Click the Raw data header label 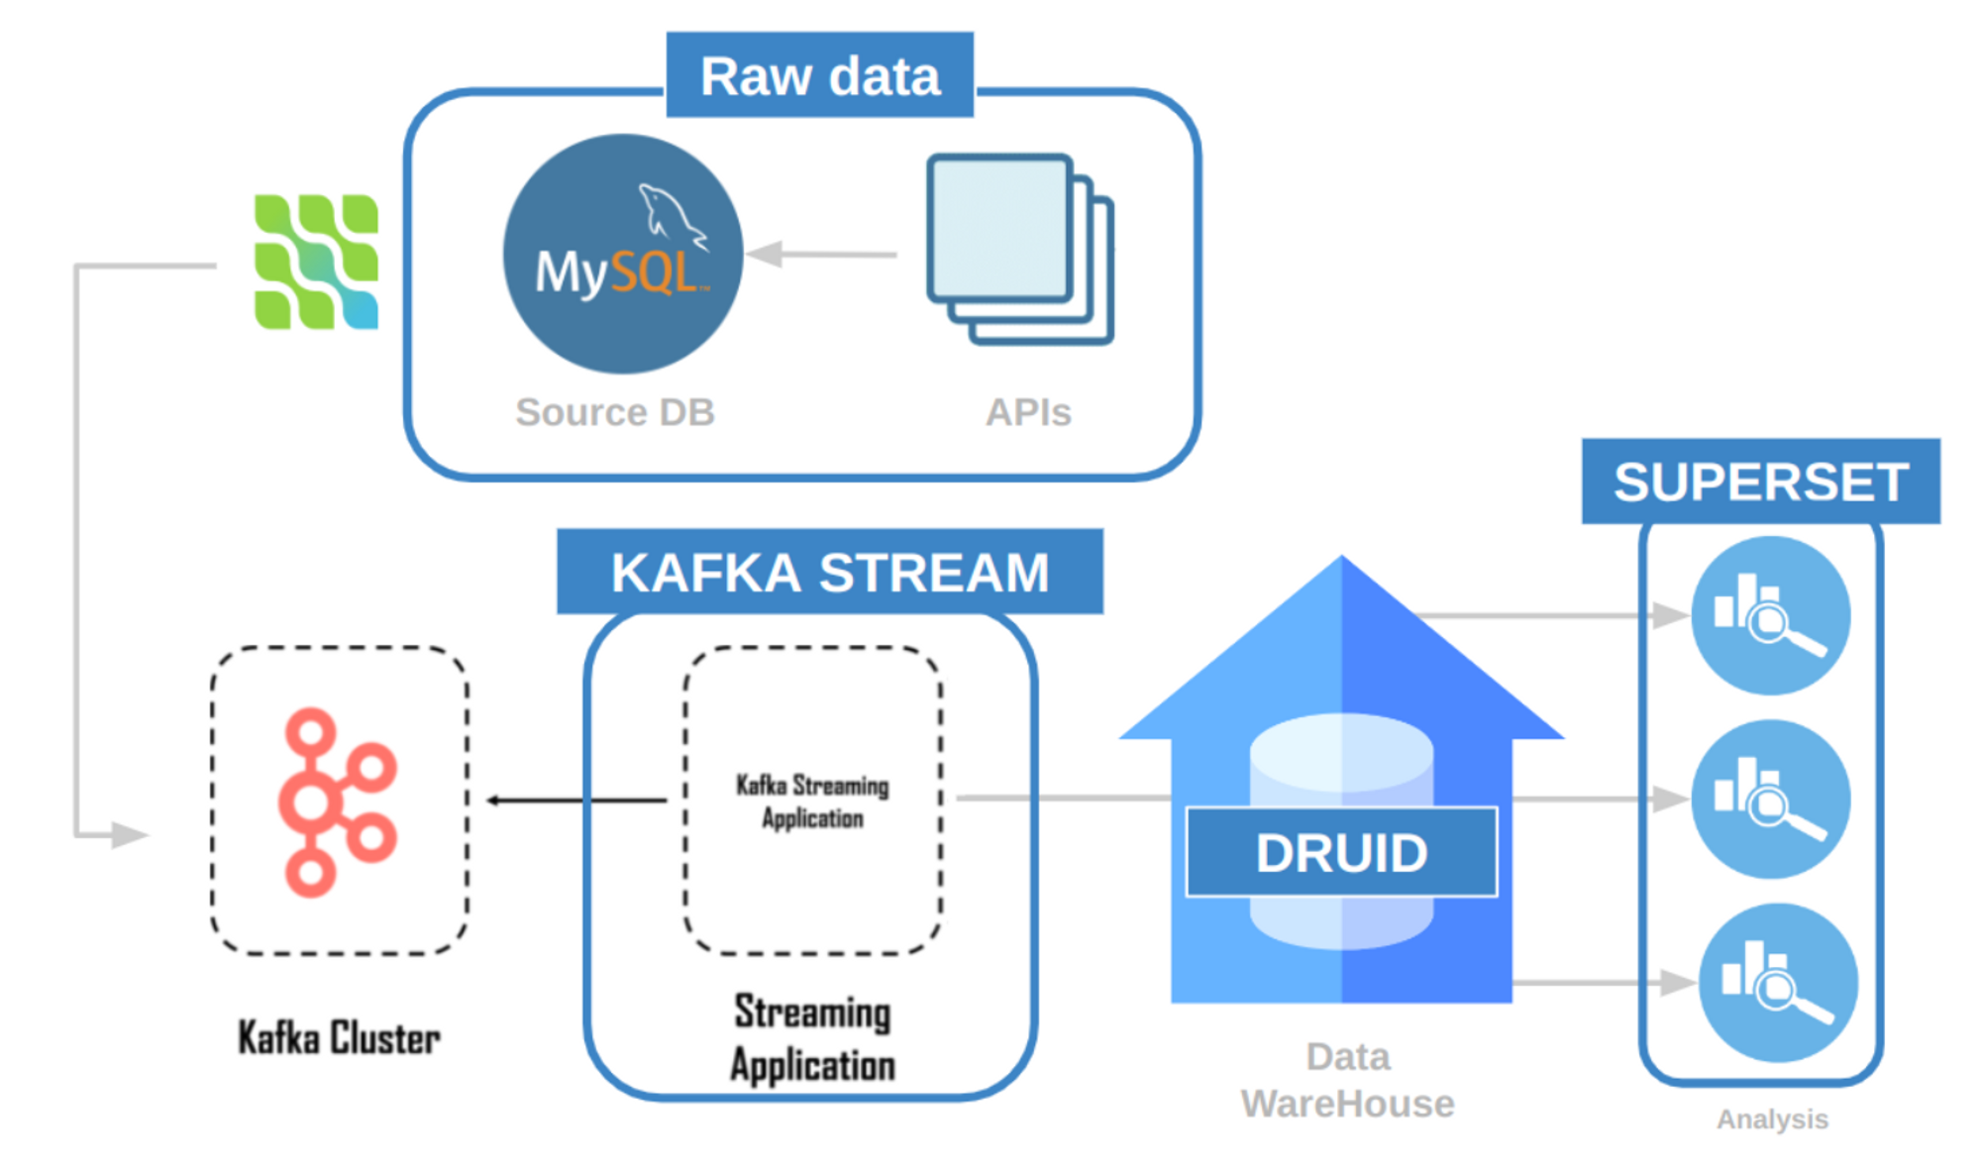click(x=819, y=76)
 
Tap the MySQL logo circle click(x=623, y=255)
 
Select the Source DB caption click(x=614, y=412)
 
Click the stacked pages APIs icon click(x=1019, y=249)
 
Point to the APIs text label click(x=1028, y=412)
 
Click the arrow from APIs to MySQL click(x=821, y=255)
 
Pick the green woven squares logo click(x=316, y=262)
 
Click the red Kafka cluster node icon click(x=337, y=802)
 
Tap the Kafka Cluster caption click(x=339, y=1038)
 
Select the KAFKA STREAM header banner click(x=829, y=572)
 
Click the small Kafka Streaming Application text click(x=812, y=802)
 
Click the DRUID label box click(x=1341, y=853)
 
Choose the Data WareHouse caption click(x=1347, y=1080)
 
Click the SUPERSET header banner click(x=1760, y=481)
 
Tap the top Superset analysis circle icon click(x=1770, y=615)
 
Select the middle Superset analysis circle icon click(x=1770, y=799)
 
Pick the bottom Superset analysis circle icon click(x=1777, y=982)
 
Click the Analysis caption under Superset click(x=1772, y=1120)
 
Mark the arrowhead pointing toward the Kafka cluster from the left click(x=130, y=835)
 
